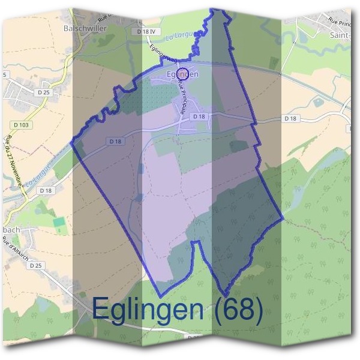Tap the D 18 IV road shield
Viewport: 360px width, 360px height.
pos(145,31)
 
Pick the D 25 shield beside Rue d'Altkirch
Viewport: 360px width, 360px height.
pos(36,265)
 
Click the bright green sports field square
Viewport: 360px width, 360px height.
pos(59,222)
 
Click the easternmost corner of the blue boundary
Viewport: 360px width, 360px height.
pos(283,218)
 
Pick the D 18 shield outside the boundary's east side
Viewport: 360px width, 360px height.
pos(290,119)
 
